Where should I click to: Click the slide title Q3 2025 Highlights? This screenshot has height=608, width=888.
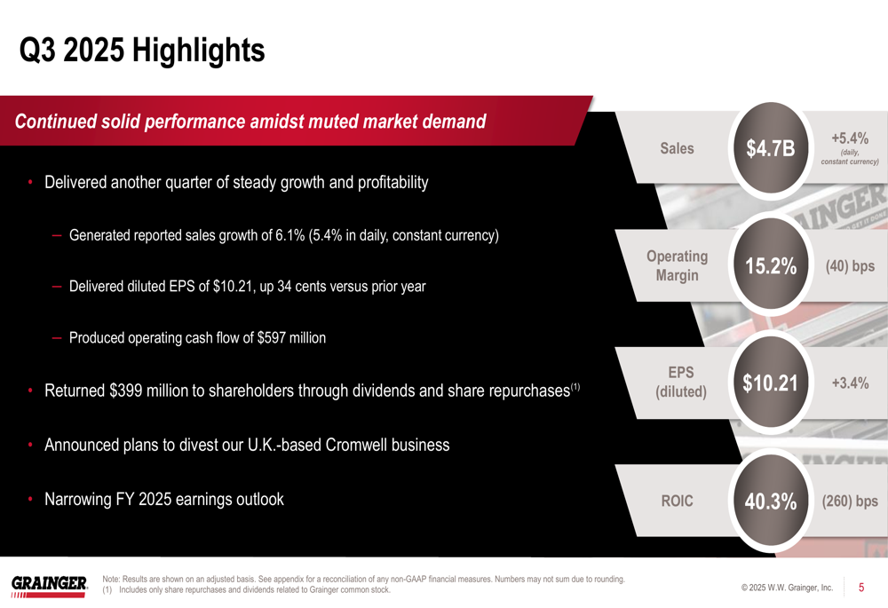(142, 50)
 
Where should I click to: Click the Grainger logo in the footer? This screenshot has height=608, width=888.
(49, 584)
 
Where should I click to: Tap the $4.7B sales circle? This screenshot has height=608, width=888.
(770, 149)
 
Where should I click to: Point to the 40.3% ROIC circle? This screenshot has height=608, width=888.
(770, 501)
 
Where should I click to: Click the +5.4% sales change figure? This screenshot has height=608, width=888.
(849, 138)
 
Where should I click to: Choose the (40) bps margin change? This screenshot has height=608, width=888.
(850, 266)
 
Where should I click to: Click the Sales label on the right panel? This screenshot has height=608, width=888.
(677, 149)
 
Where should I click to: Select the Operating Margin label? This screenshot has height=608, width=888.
(677, 265)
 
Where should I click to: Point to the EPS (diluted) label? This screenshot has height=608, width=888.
(680, 382)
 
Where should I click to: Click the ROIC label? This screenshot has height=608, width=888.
(677, 501)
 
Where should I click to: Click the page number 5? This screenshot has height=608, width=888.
(860, 588)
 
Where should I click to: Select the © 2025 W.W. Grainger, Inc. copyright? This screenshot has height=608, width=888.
(786, 588)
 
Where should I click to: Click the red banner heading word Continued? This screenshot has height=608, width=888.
(55, 122)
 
